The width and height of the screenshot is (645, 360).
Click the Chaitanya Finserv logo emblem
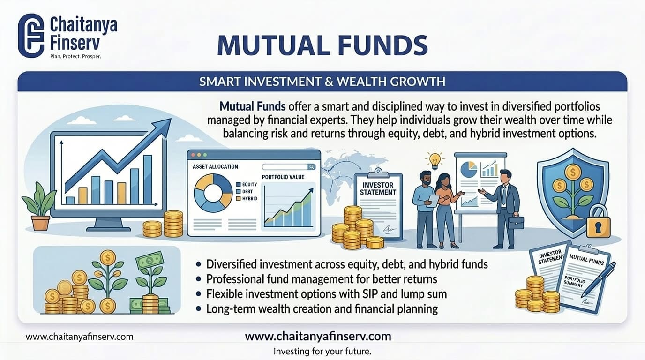coord(31,36)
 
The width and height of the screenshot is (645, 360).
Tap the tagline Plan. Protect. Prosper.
coord(75,56)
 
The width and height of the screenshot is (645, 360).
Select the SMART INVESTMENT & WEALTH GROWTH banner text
coord(322,82)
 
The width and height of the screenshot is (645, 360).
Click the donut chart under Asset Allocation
coord(213,192)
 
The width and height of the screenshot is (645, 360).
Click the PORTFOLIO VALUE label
coord(283,177)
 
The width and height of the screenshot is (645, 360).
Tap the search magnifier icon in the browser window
coord(311,166)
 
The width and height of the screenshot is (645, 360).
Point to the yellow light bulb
coord(435,159)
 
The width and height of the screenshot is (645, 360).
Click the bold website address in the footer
coord(318,336)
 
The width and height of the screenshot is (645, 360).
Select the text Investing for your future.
coord(322,351)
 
